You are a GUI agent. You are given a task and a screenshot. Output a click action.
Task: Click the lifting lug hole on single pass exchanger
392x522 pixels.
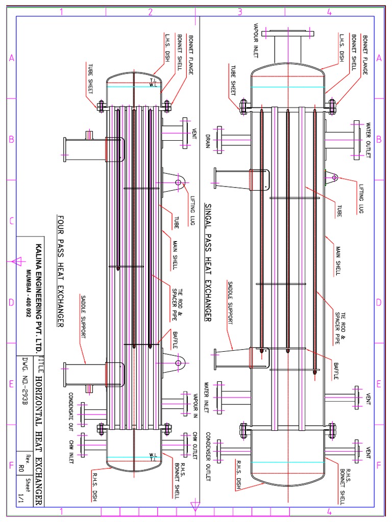coord(334,177)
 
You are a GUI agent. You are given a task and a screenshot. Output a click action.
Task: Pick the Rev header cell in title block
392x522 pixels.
coord(21,455)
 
